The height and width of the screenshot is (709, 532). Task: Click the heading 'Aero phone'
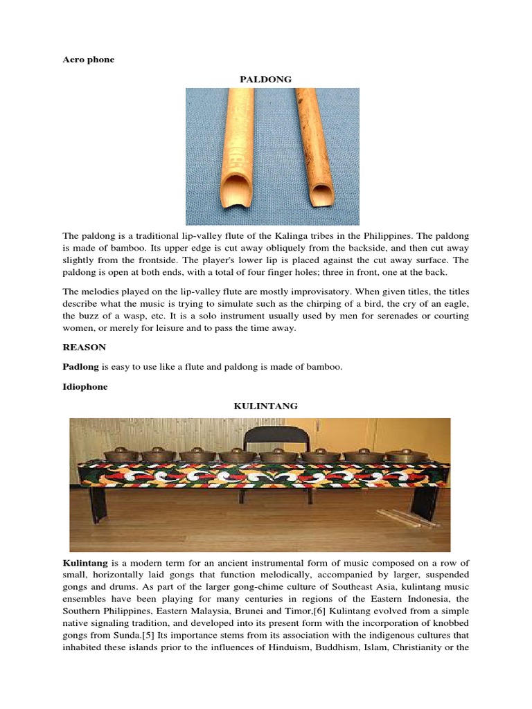tap(88, 60)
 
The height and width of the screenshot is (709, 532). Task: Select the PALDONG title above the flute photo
tap(265, 79)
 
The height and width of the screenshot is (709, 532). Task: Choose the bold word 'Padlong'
tap(80, 368)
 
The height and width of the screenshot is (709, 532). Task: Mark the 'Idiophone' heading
tap(85, 387)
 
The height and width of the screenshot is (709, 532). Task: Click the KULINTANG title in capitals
tap(265, 406)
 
